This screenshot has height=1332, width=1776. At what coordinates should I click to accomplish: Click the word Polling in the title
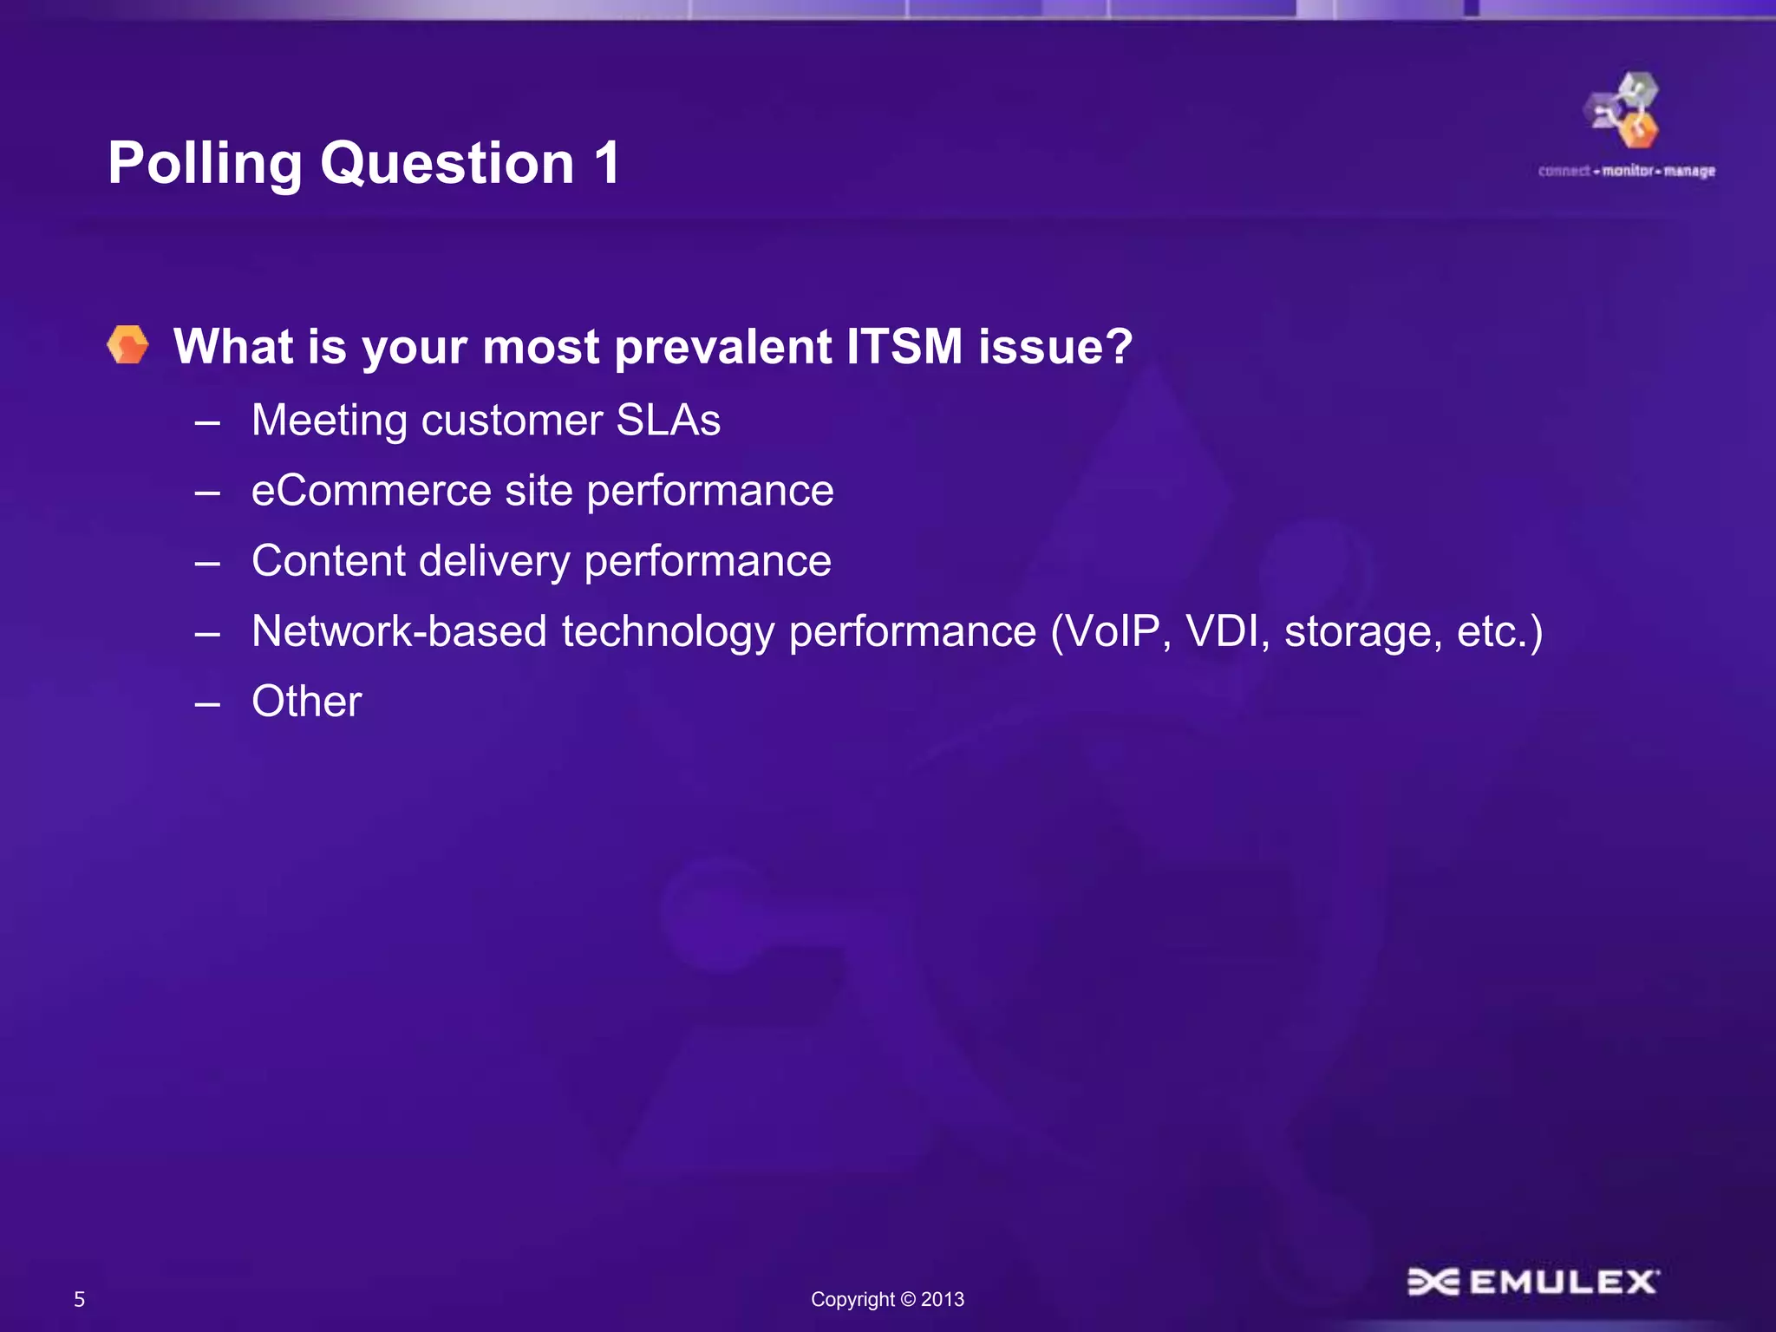click(205, 164)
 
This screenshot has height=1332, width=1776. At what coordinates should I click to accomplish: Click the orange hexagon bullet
click(128, 345)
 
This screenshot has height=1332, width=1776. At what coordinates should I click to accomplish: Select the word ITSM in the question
click(904, 346)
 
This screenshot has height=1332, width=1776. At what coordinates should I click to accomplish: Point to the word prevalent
click(722, 347)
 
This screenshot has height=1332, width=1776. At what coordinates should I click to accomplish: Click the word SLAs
click(668, 421)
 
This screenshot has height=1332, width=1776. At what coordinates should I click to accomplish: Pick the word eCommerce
click(371, 491)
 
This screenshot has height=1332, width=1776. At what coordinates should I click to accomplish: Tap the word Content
click(328, 561)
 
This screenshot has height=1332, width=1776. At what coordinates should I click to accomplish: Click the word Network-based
click(399, 631)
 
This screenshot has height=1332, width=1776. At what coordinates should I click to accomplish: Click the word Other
click(306, 702)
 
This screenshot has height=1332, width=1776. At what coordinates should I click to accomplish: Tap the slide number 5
click(80, 1299)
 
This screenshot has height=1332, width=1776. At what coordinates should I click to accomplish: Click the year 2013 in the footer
click(943, 1299)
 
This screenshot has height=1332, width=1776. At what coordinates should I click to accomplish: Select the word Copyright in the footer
click(852, 1299)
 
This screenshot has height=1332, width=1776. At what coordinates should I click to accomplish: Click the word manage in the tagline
click(1689, 171)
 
